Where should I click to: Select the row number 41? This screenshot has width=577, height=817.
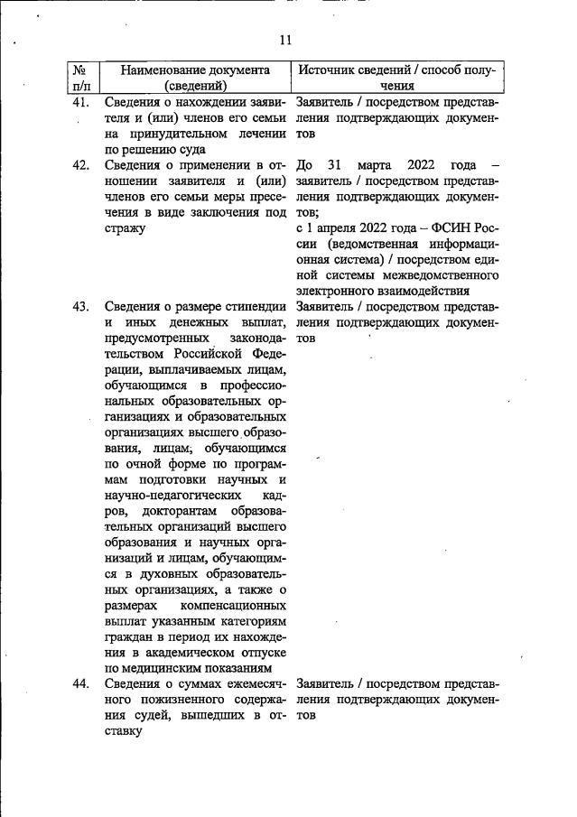80,102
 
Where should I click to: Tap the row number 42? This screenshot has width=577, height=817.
80,164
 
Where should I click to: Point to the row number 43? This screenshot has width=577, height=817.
80,307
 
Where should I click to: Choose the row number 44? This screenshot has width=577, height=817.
80,683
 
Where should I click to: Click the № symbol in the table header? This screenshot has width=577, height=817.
79,70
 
